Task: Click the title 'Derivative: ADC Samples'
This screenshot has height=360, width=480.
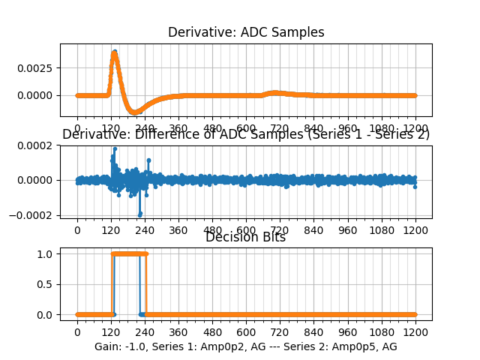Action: point(245,32)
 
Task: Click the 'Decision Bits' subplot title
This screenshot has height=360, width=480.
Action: point(245,238)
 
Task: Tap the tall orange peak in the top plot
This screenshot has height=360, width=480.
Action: point(114,52)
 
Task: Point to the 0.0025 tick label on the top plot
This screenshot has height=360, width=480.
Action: point(39,67)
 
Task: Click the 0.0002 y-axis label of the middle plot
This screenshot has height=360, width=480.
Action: point(39,145)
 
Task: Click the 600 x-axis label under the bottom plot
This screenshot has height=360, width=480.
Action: point(246,331)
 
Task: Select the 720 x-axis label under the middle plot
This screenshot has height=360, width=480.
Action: point(280,232)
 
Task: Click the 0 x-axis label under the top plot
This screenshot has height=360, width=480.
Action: point(76,128)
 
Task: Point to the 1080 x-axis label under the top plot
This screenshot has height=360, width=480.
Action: point(382,128)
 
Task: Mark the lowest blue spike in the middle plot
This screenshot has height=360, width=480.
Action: point(139,214)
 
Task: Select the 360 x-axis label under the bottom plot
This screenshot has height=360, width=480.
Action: point(178,331)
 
